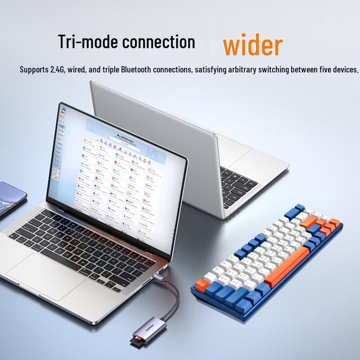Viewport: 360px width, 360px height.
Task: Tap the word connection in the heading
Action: coord(159,41)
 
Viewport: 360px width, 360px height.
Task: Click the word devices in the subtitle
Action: coord(342,70)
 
